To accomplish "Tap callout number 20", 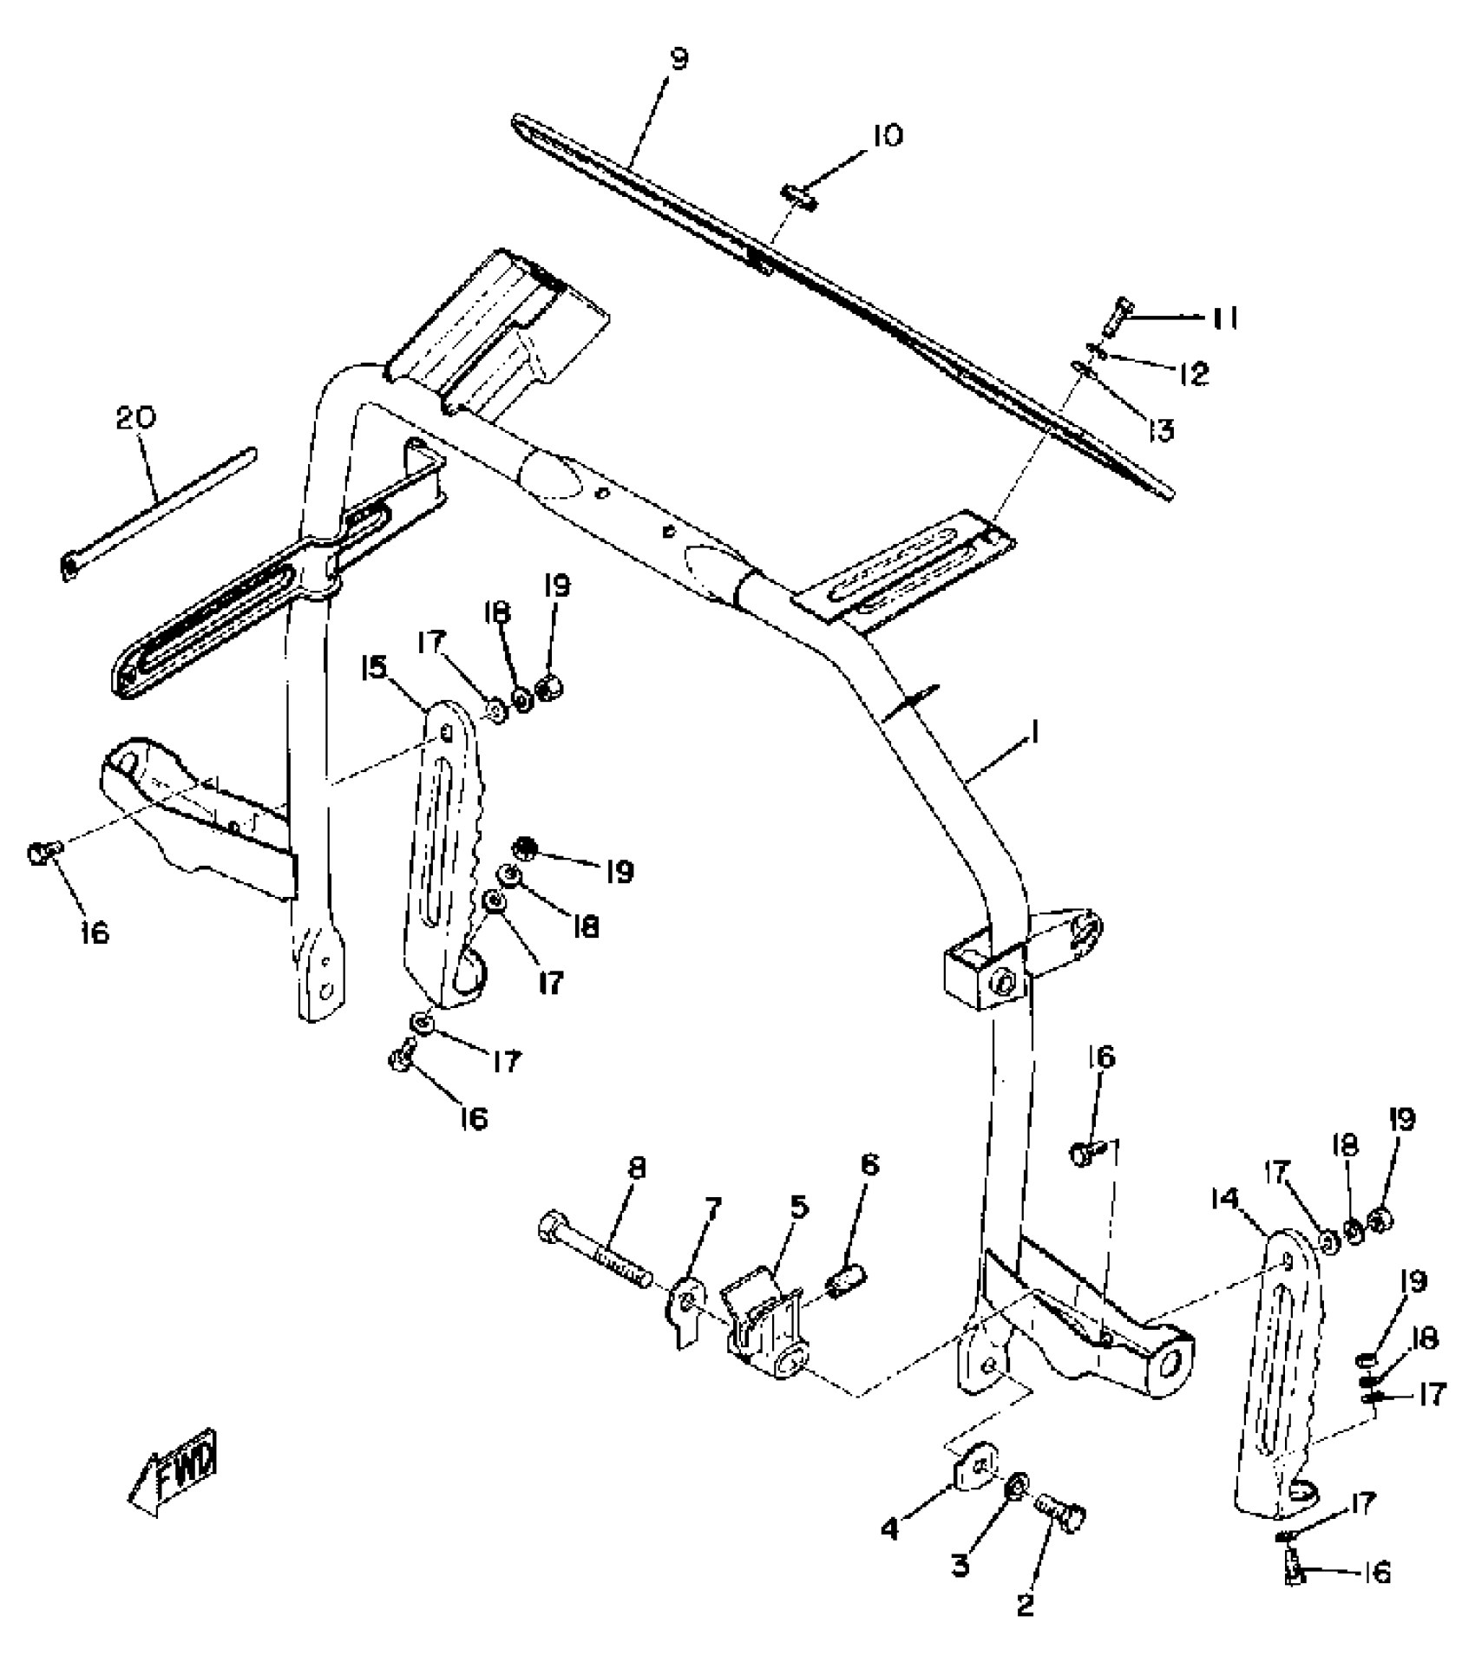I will point(136,418).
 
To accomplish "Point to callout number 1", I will point(1035,735).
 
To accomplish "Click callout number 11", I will point(1224,318).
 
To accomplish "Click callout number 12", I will point(1194,374).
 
